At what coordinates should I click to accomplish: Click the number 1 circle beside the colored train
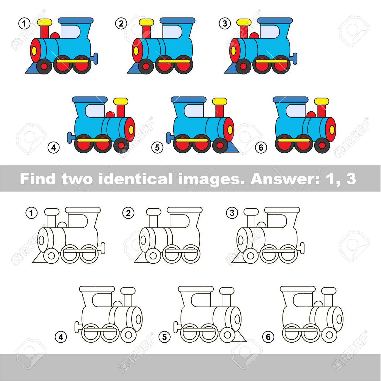click(24, 24)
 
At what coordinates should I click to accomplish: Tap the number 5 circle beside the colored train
click(157, 147)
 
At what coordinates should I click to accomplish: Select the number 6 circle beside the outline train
click(268, 337)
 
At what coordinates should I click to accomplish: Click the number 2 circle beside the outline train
click(128, 213)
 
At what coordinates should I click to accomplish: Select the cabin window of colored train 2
click(172, 32)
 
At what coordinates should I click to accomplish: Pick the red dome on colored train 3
click(254, 35)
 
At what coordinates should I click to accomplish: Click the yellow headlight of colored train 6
click(332, 130)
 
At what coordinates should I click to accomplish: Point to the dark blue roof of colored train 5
click(189, 99)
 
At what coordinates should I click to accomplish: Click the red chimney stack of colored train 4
click(121, 111)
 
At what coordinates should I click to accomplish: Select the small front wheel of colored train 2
click(146, 66)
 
